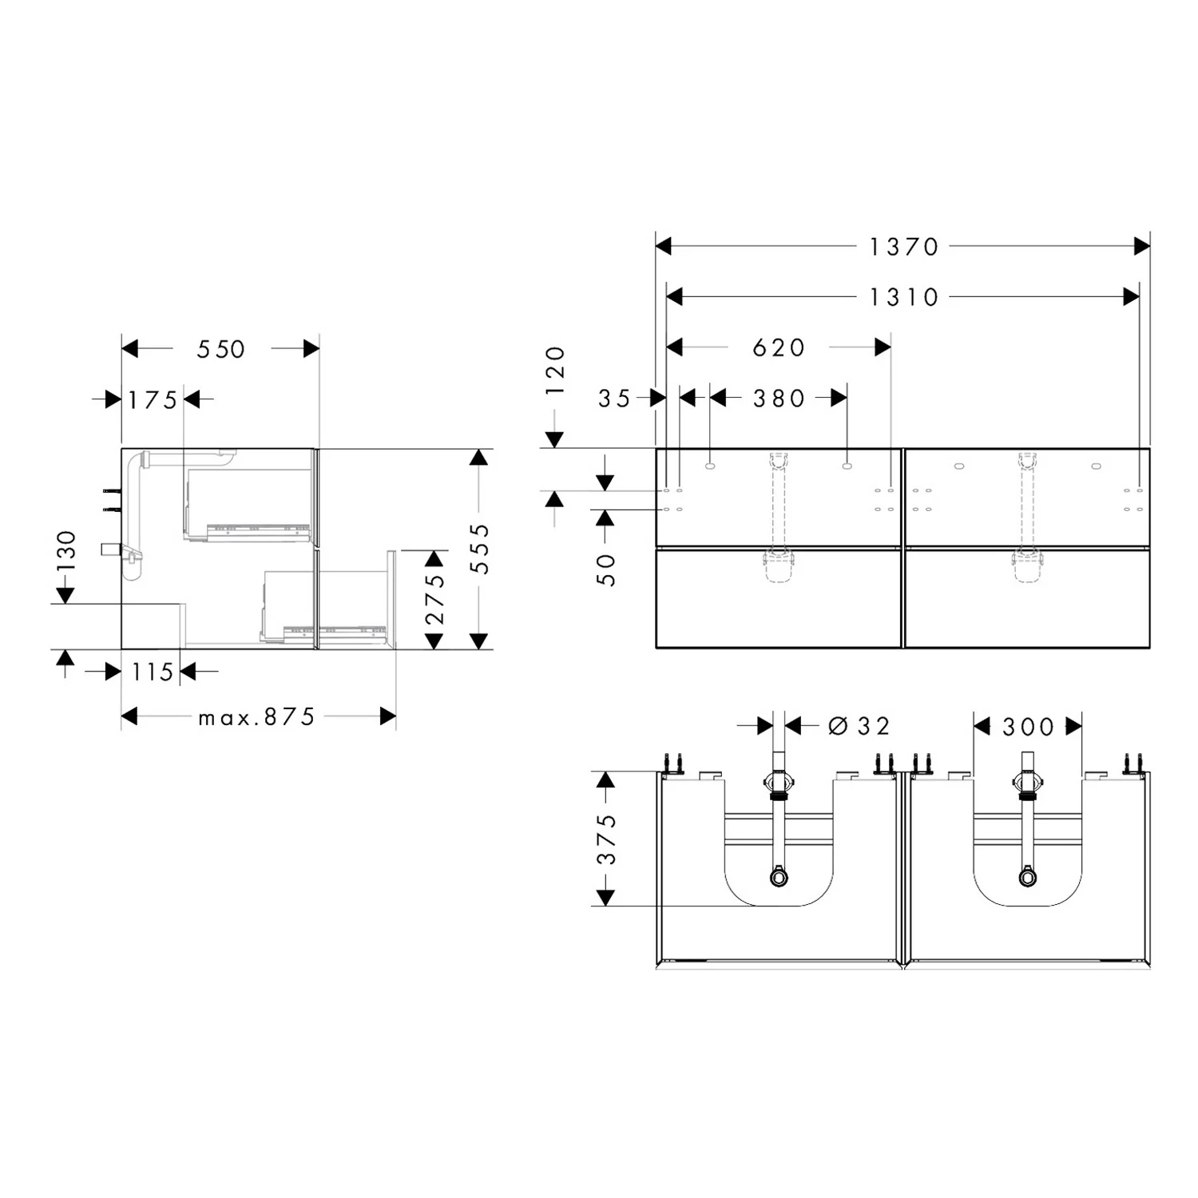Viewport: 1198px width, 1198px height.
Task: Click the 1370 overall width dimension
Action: click(x=903, y=247)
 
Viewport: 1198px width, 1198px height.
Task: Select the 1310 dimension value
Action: click(x=903, y=297)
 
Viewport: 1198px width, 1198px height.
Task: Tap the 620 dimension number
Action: click(x=779, y=347)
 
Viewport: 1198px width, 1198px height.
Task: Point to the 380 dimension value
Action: click(x=779, y=398)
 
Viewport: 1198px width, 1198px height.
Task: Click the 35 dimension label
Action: click(x=615, y=399)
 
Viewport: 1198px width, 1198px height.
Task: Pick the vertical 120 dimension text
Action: click(x=555, y=370)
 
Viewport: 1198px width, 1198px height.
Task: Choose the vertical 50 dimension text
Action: click(x=606, y=570)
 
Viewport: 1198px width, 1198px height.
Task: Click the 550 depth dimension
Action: click(x=221, y=349)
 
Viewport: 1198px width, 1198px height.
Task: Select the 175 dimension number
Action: click(x=153, y=399)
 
